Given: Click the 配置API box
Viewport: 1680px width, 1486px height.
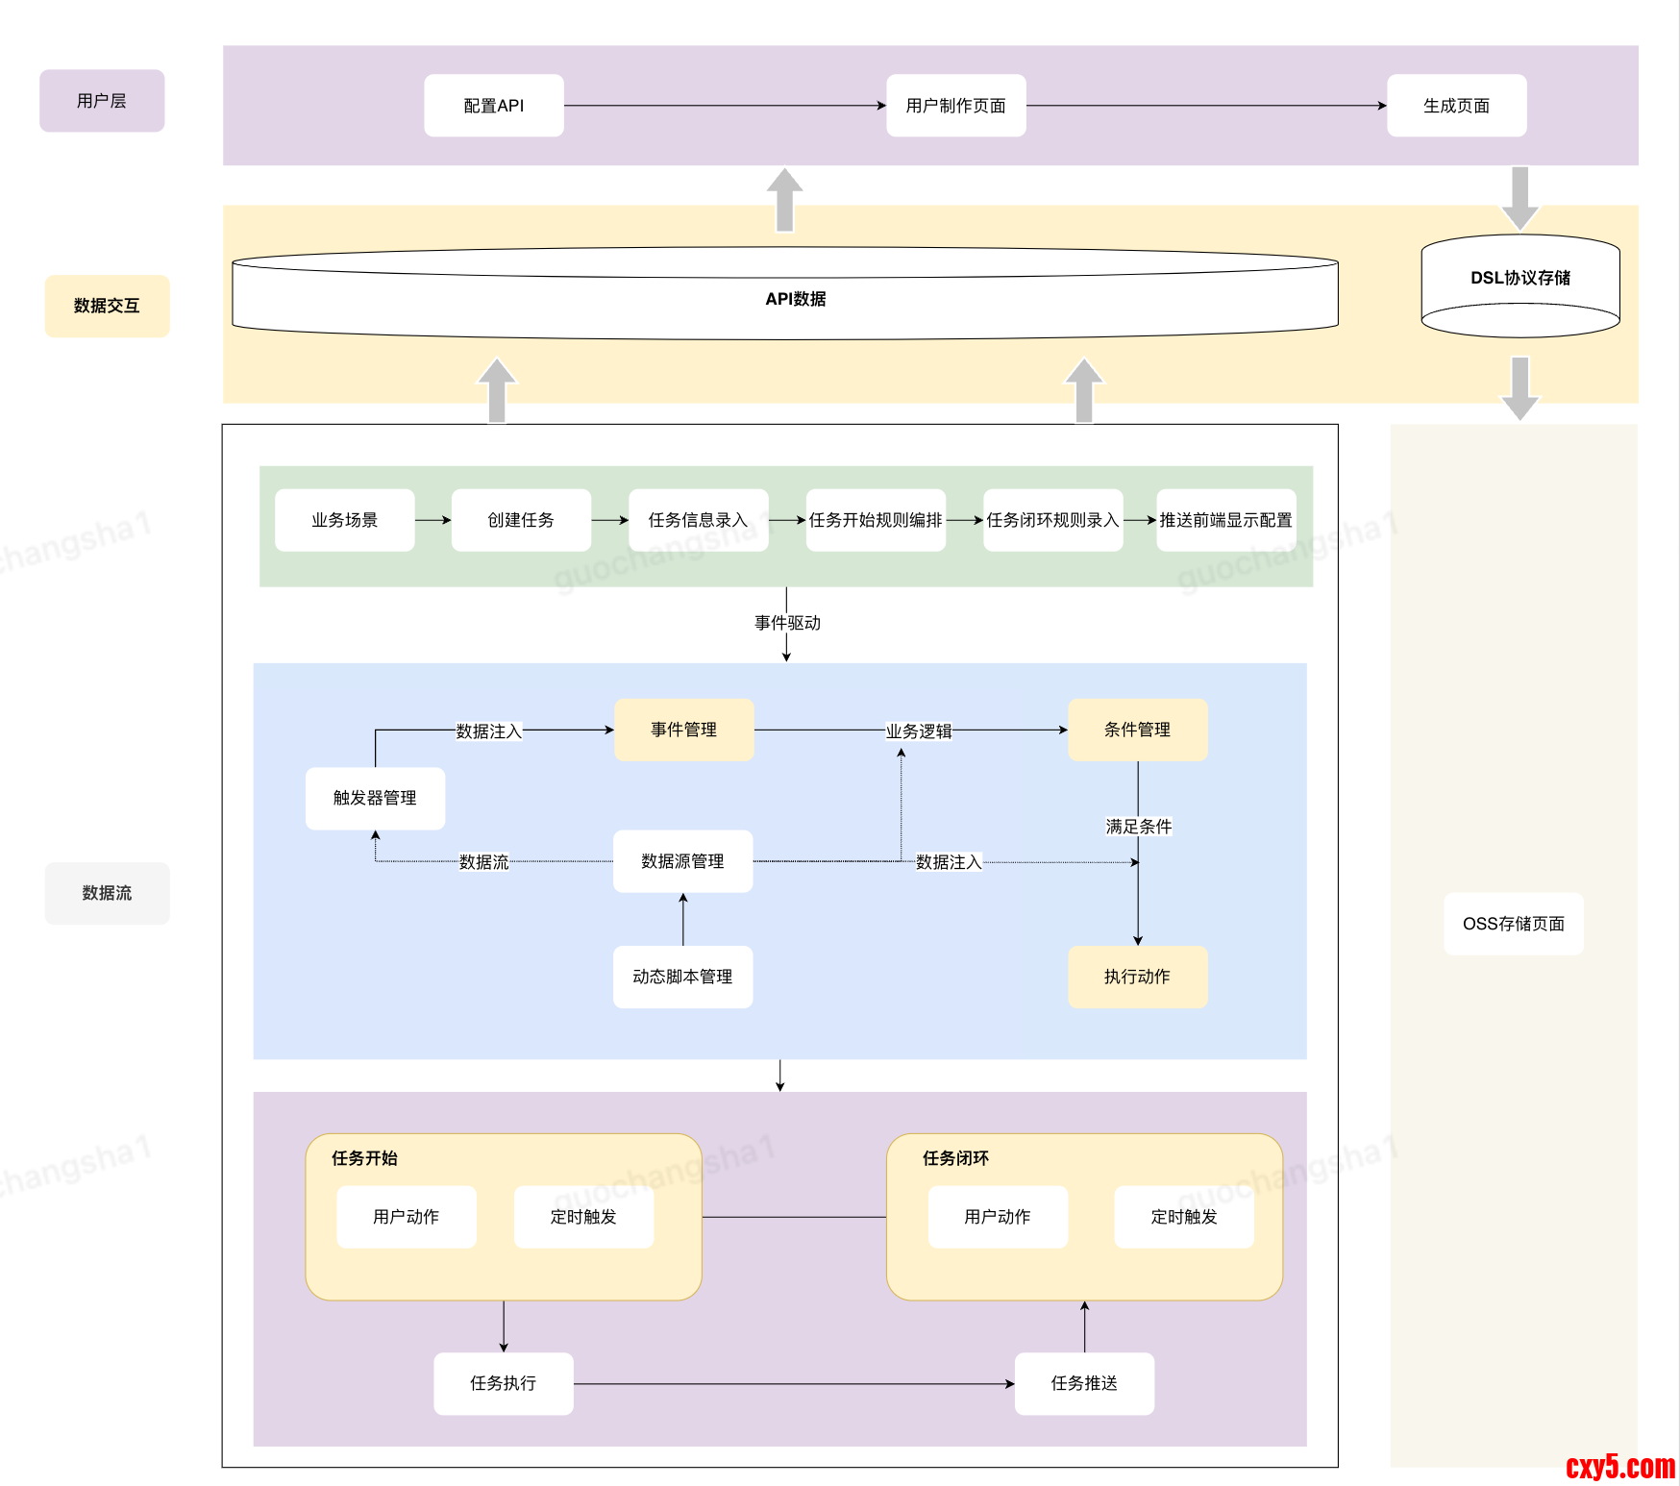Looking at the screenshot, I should (494, 106).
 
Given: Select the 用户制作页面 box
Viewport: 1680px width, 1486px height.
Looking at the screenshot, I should (955, 106).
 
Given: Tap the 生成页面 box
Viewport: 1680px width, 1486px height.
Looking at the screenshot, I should (1456, 106).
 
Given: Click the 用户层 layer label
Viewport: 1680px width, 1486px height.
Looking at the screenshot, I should (102, 101).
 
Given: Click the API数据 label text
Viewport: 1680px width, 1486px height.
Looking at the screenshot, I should (795, 299).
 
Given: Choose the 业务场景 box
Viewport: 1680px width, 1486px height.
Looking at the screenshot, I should (344, 520).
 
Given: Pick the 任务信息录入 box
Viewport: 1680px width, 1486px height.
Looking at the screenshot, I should (698, 520).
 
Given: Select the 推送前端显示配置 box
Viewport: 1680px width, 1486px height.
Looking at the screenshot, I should (1225, 520).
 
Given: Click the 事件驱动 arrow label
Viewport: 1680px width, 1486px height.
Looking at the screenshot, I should (787, 623).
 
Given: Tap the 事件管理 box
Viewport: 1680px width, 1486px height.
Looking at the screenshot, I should (683, 730).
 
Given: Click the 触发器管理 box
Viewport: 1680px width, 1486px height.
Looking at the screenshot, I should (375, 798).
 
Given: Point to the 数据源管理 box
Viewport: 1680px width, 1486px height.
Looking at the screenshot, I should (682, 861).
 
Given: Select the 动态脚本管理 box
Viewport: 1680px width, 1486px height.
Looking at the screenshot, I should (682, 977).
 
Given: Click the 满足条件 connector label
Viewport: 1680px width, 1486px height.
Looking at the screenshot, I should (1138, 827).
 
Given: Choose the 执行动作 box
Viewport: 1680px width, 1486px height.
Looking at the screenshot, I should (1137, 977).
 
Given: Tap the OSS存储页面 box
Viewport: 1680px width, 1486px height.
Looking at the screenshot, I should (1513, 924).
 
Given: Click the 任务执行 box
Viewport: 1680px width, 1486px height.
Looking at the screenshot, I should (503, 1383).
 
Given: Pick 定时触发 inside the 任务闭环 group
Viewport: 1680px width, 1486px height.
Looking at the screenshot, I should (1183, 1217).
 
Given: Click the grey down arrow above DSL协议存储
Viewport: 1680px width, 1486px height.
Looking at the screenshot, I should (1519, 198).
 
